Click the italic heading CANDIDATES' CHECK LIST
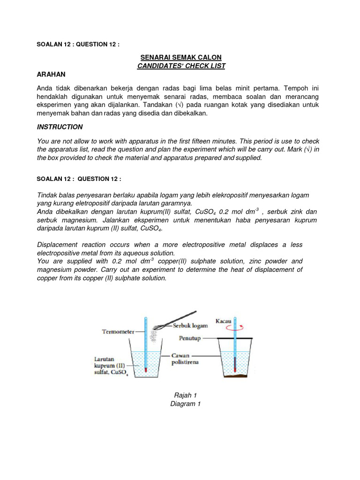tap(181, 66)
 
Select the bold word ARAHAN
tap(51, 75)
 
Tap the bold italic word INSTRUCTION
tap(60, 127)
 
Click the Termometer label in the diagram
tap(118, 331)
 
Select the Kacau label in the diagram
tap(223, 321)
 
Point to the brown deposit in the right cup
tap(235, 375)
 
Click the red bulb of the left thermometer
tap(146, 370)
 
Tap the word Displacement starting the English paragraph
tap(59, 245)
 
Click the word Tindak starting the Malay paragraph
tap(47, 195)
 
